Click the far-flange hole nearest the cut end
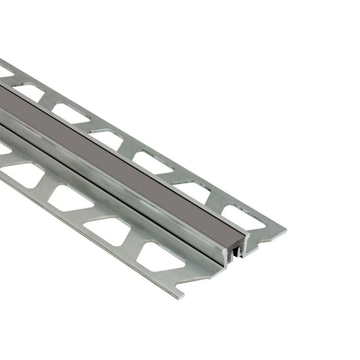243,217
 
